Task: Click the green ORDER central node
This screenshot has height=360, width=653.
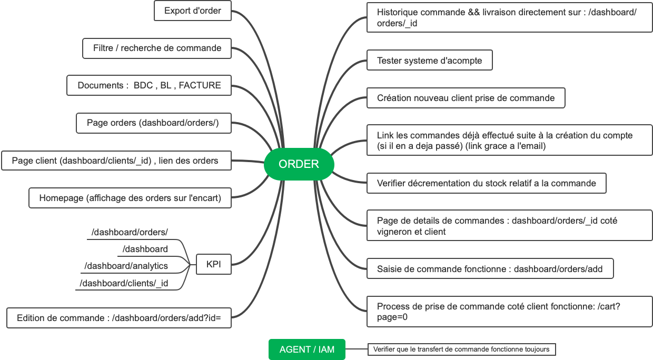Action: tap(299, 164)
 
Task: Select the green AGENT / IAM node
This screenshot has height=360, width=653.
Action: tap(306, 349)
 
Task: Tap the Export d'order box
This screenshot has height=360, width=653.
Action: tap(192, 11)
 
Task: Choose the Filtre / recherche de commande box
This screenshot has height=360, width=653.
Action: tap(157, 48)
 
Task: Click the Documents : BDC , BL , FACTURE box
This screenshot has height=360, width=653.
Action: tap(149, 85)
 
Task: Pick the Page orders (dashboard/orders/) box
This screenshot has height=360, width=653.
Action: tap(153, 123)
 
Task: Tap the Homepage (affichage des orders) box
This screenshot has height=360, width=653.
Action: tap(130, 198)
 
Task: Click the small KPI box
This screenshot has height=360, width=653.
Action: tap(213, 264)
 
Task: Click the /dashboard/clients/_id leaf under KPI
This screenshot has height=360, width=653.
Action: tap(124, 283)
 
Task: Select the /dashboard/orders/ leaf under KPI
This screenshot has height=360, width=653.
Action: tap(130, 232)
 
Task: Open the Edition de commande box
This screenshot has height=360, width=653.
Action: tap(118, 318)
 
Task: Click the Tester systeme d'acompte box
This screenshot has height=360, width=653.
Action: tap(429, 61)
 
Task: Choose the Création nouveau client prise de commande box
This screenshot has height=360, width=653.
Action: tap(466, 98)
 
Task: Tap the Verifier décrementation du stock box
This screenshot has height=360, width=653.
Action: tap(486, 183)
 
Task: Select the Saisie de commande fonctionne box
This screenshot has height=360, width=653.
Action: tap(490, 269)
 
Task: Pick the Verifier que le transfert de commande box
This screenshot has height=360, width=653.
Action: tap(461, 349)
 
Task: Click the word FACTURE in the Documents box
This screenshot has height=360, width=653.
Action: tap(200, 85)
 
